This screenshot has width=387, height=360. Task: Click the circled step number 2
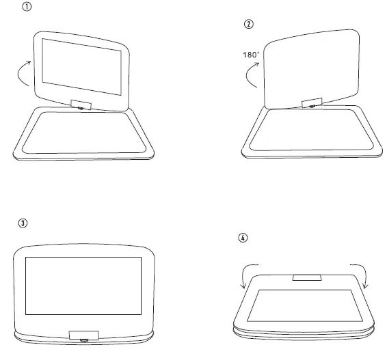[248, 25]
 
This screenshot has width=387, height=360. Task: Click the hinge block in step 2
[311, 103]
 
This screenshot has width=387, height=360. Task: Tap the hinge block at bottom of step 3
[83, 335]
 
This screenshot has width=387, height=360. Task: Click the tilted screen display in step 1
[81, 67]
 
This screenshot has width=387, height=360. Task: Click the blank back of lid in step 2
[311, 65]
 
